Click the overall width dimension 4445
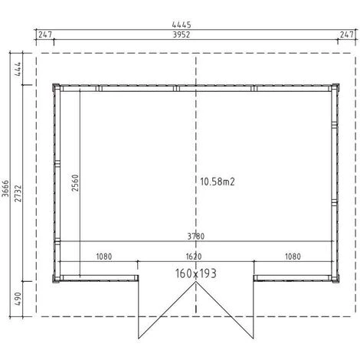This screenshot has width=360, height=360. (182, 25)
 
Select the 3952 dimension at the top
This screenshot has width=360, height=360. (182, 34)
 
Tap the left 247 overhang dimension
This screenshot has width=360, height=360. (45, 34)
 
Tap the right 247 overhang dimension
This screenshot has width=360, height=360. (346, 34)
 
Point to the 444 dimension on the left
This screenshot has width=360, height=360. (18, 69)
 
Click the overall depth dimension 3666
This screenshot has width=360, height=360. (5, 188)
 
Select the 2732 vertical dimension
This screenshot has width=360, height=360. (18, 194)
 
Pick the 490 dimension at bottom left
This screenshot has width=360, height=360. (18, 299)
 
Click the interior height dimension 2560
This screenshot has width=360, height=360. (75, 183)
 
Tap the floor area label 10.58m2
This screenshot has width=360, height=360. (218, 182)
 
